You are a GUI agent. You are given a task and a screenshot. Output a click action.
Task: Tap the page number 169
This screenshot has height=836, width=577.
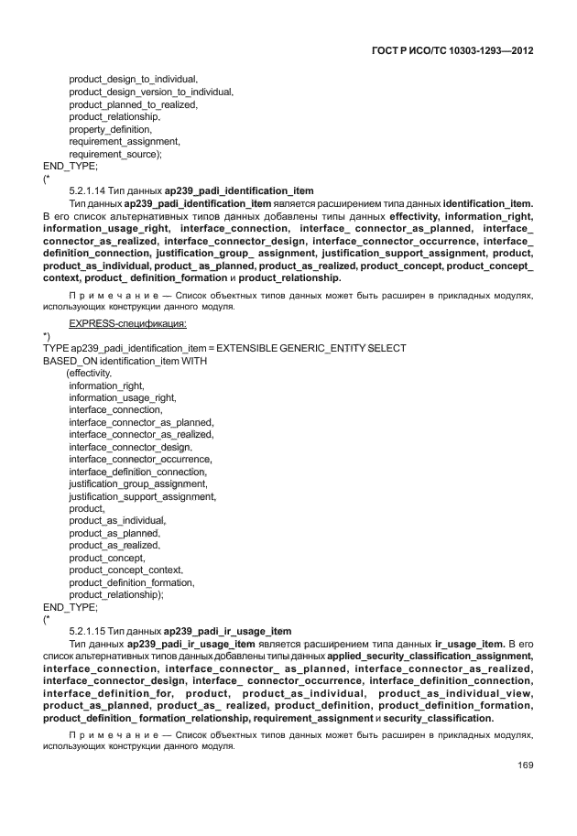525,765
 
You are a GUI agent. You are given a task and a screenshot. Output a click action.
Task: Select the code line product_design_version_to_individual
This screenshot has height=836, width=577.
151,92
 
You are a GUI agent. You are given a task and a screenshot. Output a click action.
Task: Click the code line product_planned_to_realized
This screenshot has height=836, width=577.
133,104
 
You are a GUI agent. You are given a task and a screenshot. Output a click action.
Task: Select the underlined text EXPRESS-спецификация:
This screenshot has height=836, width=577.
128,323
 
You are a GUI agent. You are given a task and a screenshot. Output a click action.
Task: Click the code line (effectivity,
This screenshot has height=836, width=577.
90,374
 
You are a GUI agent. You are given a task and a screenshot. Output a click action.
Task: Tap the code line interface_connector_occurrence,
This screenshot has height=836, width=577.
140,459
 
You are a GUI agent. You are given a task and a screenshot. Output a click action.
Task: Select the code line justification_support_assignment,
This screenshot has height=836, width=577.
142,495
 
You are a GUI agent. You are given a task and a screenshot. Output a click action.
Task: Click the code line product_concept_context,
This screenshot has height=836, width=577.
125,570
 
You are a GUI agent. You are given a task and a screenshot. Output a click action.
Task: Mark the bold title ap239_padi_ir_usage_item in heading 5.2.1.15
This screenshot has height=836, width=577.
228,631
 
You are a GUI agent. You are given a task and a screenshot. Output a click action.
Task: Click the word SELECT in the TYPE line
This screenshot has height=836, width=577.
387,349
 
